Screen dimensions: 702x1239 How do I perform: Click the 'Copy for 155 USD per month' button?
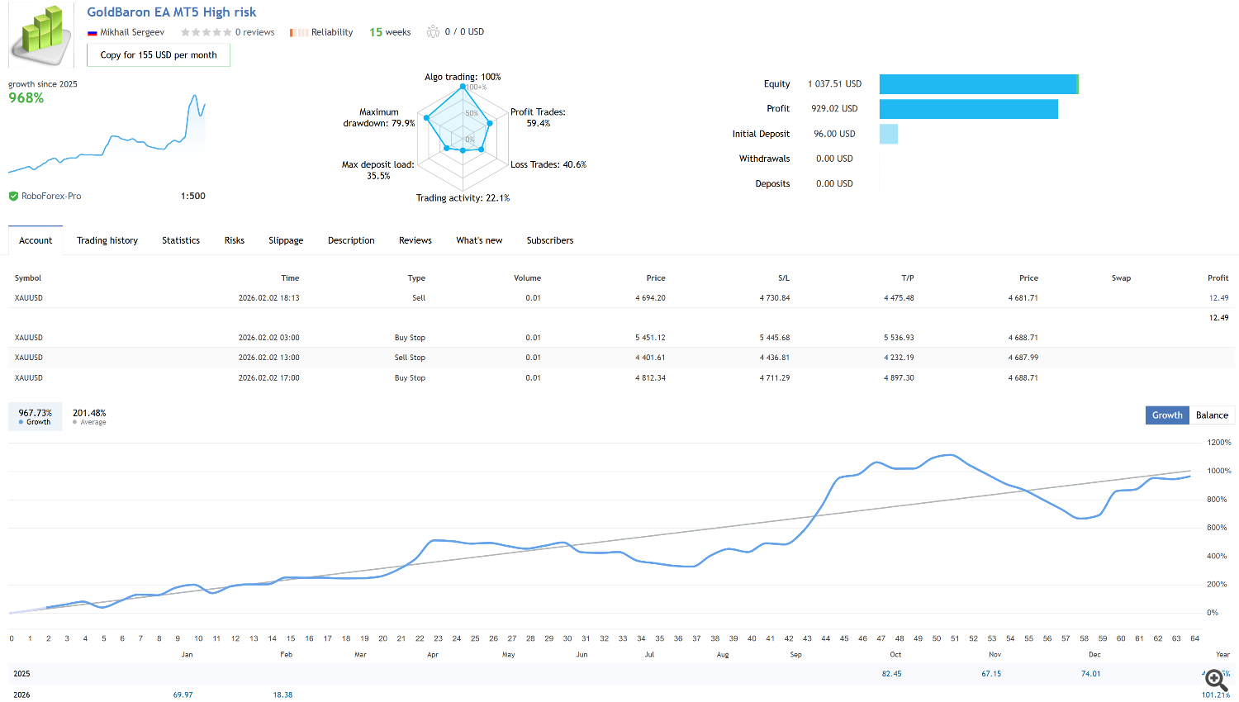tap(159, 55)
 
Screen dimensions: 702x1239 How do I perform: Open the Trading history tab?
tap(107, 240)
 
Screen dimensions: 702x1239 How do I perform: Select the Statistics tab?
tap(181, 240)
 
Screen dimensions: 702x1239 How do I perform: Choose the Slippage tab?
tap(286, 240)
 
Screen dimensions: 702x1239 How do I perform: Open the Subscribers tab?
tap(550, 240)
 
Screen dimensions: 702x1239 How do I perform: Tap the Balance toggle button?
tap(1212, 415)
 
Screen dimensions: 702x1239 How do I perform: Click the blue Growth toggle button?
tap(1167, 415)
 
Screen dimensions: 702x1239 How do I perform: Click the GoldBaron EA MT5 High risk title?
tap(172, 12)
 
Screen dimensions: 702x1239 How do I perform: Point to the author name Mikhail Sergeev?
tap(132, 32)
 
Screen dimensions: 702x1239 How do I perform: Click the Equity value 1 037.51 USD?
tap(834, 84)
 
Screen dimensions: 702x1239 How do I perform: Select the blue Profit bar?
tap(968, 109)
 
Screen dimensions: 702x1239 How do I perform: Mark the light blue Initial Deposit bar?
tap(889, 134)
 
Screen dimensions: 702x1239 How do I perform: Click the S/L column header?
tap(784, 278)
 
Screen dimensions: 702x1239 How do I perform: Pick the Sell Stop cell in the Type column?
tap(410, 358)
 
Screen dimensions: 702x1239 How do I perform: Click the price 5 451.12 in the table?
tap(650, 338)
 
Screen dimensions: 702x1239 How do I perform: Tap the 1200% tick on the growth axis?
tap(1218, 443)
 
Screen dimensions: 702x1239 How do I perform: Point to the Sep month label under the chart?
tap(795, 655)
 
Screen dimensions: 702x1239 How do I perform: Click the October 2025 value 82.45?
tap(891, 674)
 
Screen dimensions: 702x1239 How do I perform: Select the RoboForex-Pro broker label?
tap(51, 197)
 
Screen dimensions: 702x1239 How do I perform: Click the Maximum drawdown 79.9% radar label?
tap(379, 118)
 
